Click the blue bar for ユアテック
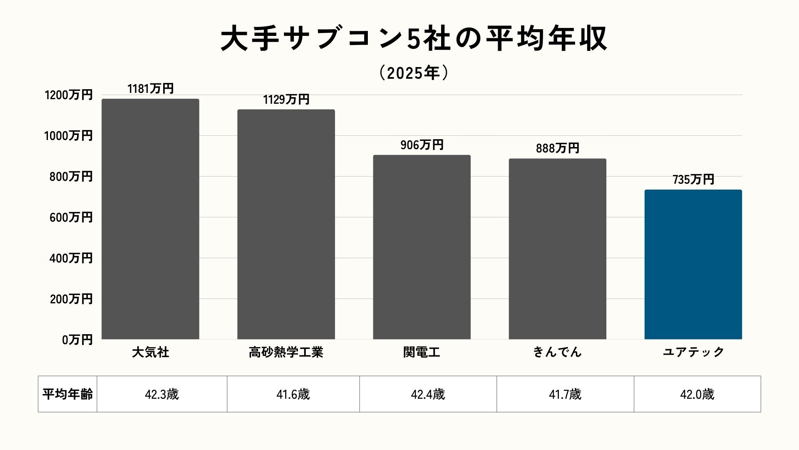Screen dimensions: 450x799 [x=693, y=265]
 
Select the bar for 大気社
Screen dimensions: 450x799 [x=150, y=219]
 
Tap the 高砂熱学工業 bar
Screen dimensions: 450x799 [x=286, y=224]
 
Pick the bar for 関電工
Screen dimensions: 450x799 [x=422, y=247]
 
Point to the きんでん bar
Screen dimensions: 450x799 [x=557, y=249]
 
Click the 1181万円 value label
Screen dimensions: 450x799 [x=150, y=89]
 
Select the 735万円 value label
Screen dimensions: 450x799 [x=693, y=180]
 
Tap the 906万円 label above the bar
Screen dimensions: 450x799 [x=422, y=145]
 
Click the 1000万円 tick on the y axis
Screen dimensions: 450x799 [x=68, y=136]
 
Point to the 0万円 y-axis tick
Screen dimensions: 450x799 [x=77, y=340]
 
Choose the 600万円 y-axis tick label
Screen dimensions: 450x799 [x=71, y=217]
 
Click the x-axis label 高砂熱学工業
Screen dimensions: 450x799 [x=286, y=352]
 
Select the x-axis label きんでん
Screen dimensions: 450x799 [x=557, y=352]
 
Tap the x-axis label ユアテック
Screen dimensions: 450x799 [x=693, y=352]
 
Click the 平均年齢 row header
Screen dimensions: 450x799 [x=67, y=394]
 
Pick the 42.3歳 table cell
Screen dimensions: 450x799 [x=162, y=394]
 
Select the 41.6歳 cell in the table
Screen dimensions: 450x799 [x=293, y=394]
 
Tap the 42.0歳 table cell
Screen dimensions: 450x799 [x=697, y=394]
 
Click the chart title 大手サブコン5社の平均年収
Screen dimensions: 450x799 [x=414, y=39]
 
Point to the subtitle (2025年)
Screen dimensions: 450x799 [x=414, y=73]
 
